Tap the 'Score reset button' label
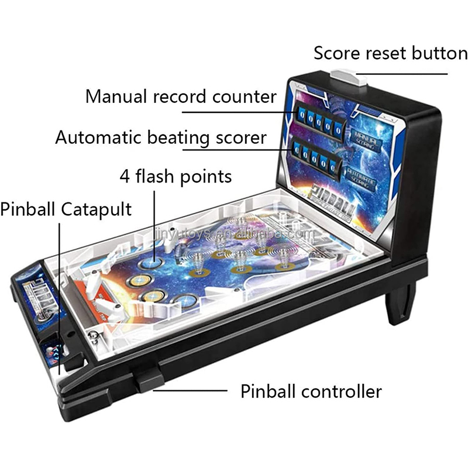tap(390, 53)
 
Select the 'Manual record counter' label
tap(181, 96)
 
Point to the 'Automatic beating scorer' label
tap(161, 138)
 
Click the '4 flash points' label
tap(175, 175)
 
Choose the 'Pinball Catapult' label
tap(66, 209)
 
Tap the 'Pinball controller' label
tap(311, 391)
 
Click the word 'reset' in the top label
tap(383, 53)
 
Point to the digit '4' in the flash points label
tap(125, 175)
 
